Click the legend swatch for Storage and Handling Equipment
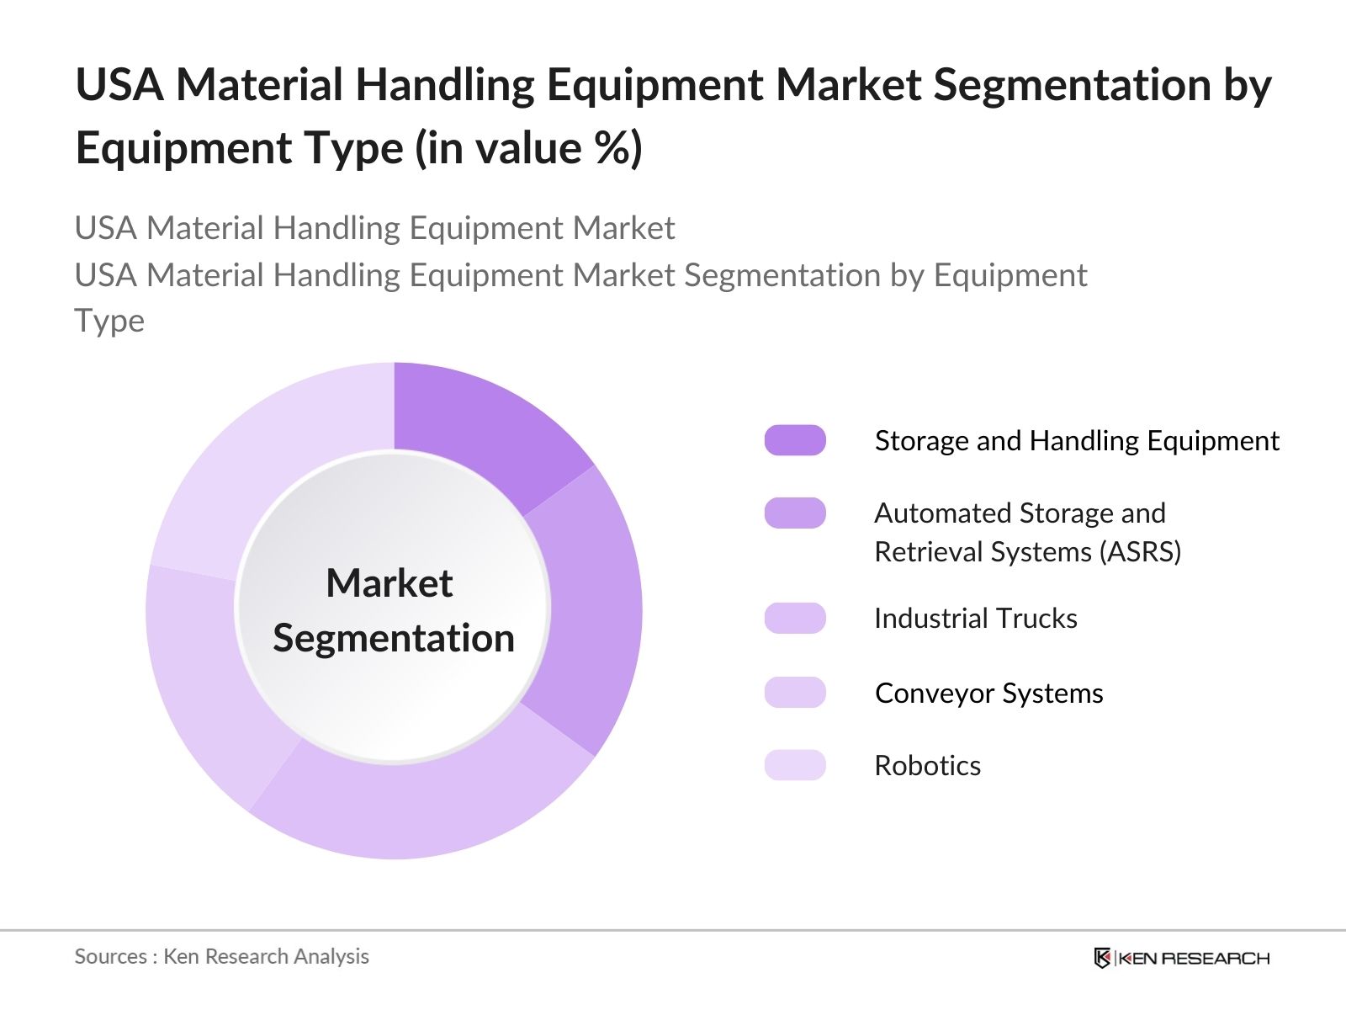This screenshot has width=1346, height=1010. (795, 440)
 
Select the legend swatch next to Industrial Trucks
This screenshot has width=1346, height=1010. (795, 618)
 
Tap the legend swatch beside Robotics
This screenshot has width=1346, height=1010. (795, 765)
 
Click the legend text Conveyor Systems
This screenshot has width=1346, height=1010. (988, 693)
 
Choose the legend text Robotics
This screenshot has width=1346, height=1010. (927, 765)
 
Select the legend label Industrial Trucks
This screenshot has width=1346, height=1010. (975, 618)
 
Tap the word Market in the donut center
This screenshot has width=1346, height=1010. (389, 582)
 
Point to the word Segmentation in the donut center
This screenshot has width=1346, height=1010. (393, 638)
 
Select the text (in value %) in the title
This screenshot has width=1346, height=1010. (528, 148)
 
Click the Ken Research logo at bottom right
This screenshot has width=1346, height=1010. (1181, 958)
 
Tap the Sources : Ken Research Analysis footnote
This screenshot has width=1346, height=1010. (221, 956)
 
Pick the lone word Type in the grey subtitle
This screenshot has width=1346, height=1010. (109, 321)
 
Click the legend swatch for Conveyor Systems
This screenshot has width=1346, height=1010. (795, 692)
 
